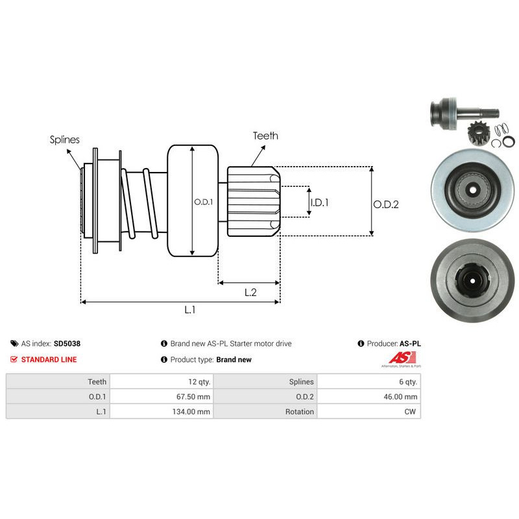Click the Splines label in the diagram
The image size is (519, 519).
tap(64, 139)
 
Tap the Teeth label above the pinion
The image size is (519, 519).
tap(266, 136)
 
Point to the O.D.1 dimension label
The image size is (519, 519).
tap(204, 201)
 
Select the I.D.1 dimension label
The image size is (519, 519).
tap(320, 202)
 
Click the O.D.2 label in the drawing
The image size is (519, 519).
tap(385, 204)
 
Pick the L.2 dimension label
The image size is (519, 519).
tap(250, 293)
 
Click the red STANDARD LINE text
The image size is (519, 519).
tap(49, 359)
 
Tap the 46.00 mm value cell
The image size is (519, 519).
tap(402, 397)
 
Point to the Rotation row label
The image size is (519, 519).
tap(299, 412)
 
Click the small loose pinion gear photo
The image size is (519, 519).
tap(477, 137)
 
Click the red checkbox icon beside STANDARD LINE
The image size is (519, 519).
tap(14, 359)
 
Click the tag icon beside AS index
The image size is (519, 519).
tap(14, 343)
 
